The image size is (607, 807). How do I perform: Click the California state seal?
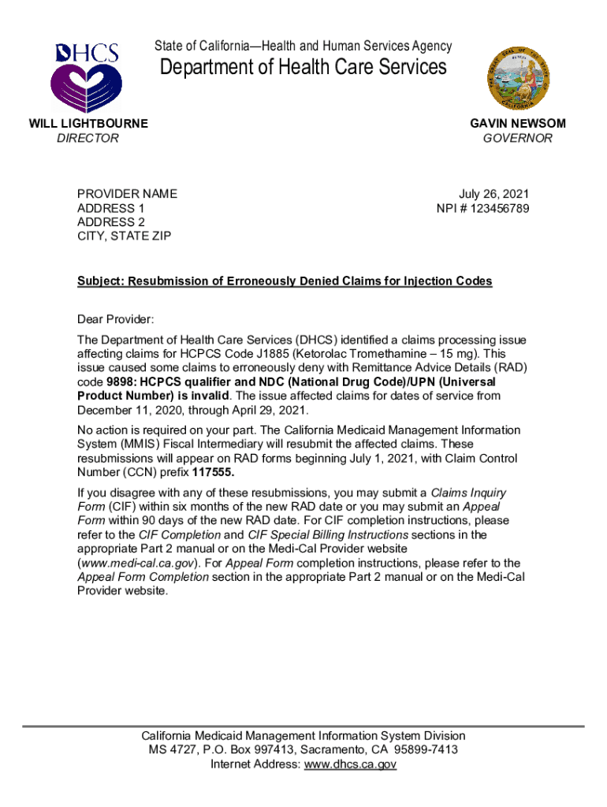tap(520, 76)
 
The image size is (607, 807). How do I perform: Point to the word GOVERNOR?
tap(518, 138)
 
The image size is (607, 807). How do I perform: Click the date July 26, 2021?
tap(494, 194)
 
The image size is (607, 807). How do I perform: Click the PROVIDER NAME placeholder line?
tap(127, 194)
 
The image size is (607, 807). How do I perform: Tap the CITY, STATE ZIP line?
tap(124, 236)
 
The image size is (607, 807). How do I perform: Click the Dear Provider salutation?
tap(116, 319)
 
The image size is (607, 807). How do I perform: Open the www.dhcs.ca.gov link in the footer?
tap(350, 764)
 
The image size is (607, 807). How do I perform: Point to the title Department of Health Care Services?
tap(303, 67)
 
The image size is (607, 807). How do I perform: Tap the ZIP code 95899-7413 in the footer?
tap(423, 749)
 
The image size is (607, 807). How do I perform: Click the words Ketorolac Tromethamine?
tap(389, 354)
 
